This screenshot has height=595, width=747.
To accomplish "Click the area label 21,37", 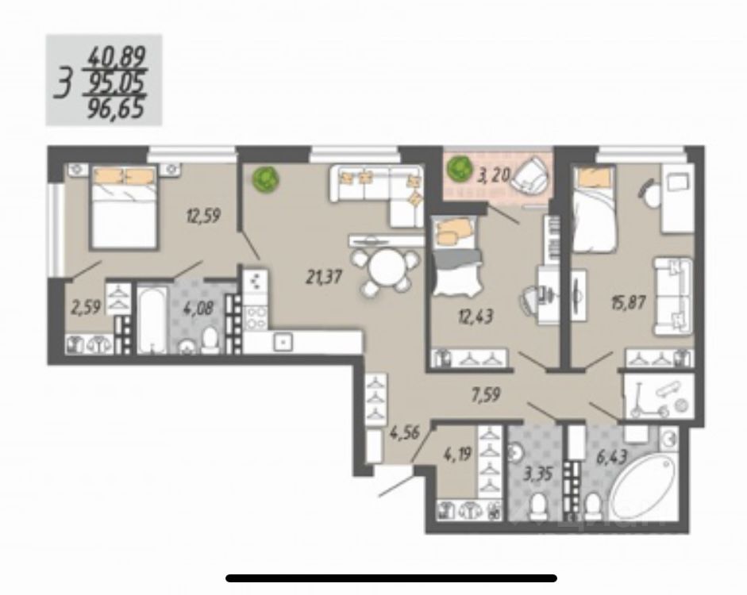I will tap(324, 277).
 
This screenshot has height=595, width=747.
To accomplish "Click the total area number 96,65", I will tap(118, 107).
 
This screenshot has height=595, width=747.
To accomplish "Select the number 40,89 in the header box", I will tap(117, 57).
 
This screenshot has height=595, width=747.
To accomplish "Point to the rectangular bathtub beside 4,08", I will tap(152, 320).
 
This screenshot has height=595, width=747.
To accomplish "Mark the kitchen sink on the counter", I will tap(282, 342).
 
